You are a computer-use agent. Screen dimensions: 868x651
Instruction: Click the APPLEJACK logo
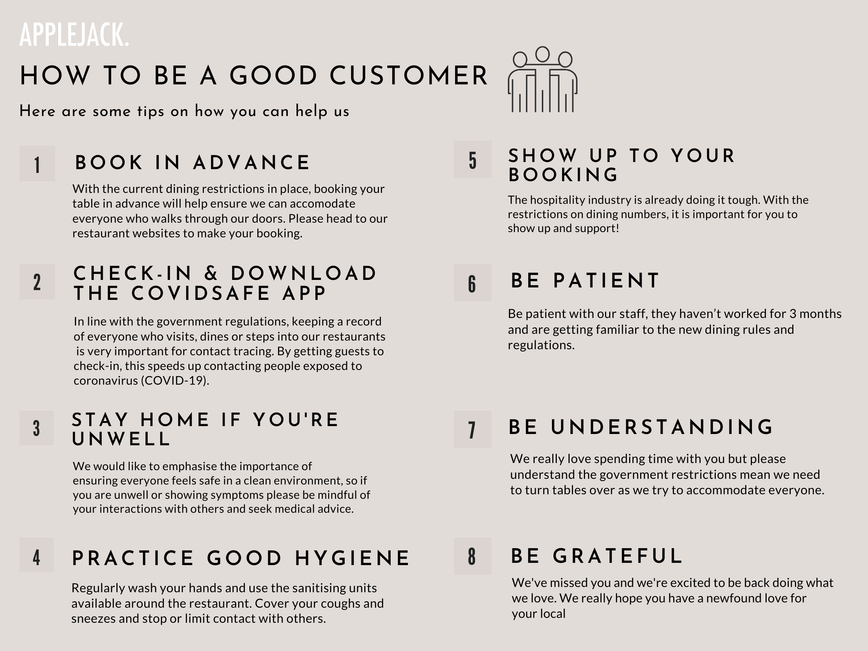click(x=74, y=35)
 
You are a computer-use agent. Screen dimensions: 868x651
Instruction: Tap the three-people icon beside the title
click(x=542, y=79)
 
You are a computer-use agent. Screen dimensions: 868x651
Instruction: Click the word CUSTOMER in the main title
click(x=408, y=75)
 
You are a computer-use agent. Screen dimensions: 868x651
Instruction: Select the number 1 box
click(x=37, y=164)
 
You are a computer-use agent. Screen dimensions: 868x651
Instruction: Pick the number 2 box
click(x=37, y=282)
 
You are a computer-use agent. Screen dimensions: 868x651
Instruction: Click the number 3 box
click(x=37, y=428)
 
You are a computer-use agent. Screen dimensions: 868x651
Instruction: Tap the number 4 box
click(x=37, y=555)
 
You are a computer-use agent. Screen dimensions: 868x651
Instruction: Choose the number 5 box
click(x=473, y=159)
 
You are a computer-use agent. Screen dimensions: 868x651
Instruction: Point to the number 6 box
click(x=473, y=283)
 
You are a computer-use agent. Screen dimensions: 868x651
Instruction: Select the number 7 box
click(x=473, y=429)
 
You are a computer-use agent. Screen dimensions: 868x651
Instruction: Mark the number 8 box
click(x=473, y=556)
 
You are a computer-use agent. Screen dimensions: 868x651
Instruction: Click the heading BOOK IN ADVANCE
click(x=193, y=162)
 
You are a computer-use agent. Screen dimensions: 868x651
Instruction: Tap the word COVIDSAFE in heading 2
click(x=200, y=293)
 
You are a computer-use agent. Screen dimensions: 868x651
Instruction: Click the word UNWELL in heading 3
click(x=121, y=439)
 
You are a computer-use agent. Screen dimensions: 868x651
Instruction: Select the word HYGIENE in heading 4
click(x=352, y=558)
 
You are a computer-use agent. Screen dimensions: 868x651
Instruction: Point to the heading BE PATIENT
click(x=585, y=281)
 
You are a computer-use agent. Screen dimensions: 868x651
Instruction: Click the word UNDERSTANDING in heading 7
click(x=662, y=427)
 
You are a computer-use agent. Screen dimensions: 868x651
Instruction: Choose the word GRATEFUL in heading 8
click(x=617, y=556)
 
